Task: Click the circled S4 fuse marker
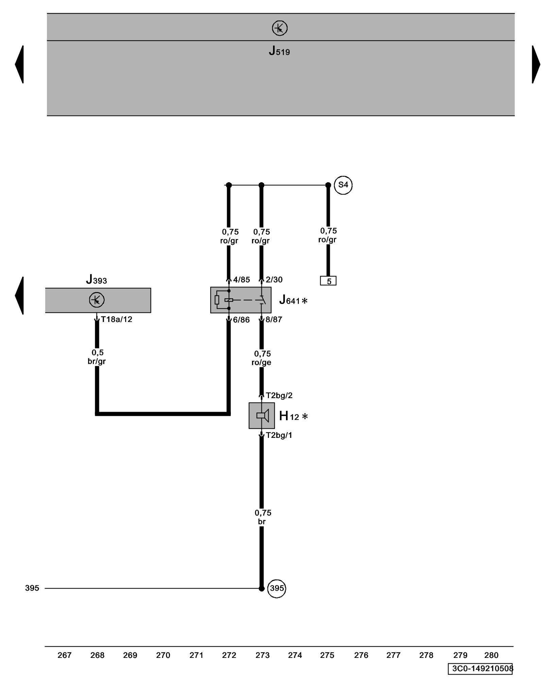(343, 185)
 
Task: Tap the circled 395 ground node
(276, 588)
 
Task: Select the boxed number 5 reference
(328, 281)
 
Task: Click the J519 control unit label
(279, 51)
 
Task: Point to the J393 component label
(96, 280)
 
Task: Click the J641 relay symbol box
(240, 300)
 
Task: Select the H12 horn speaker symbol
(261, 415)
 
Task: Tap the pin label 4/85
(241, 279)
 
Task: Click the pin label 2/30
(274, 279)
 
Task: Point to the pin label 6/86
(241, 320)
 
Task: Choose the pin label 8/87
(274, 320)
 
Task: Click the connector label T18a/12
(116, 319)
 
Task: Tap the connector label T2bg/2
(279, 395)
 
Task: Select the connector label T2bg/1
(279, 435)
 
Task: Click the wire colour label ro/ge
(261, 362)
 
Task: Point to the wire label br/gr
(97, 361)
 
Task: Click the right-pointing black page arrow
(536, 64)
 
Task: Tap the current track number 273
(262, 655)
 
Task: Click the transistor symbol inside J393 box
(97, 300)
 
